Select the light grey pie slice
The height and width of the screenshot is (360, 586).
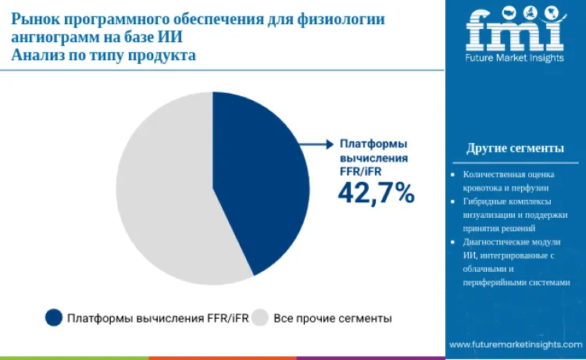[x=164, y=195]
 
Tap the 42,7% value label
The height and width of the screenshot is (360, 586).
[x=376, y=192]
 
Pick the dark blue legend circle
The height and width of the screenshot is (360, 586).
[x=54, y=318]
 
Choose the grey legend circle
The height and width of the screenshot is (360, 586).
[x=260, y=318]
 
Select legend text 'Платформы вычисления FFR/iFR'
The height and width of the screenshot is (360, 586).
[x=156, y=319]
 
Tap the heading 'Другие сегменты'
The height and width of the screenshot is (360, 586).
[x=515, y=148]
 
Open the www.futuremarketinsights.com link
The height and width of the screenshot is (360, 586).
[x=516, y=344]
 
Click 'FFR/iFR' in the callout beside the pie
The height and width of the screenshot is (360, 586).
[x=358, y=171]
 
